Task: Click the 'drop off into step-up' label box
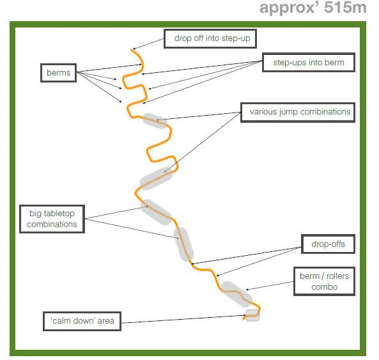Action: click(210, 38)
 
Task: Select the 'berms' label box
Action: click(59, 73)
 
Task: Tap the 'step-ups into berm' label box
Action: click(309, 63)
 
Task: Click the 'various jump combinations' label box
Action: click(298, 113)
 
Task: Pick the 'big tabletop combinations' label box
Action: click(52, 219)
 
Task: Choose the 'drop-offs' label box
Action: click(328, 244)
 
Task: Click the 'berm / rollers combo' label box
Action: click(325, 281)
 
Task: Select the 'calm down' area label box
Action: click(82, 321)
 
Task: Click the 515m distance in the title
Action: click(345, 8)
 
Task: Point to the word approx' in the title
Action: click(290, 8)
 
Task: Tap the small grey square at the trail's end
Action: click(252, 315)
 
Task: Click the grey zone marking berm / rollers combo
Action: click(236, 294)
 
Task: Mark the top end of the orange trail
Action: click(132, 50)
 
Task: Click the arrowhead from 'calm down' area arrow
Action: click(244, 315)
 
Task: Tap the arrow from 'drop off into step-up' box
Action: click(148, 44)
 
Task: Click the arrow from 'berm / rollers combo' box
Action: click(270, 286)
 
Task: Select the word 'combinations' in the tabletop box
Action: click(52, 224)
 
